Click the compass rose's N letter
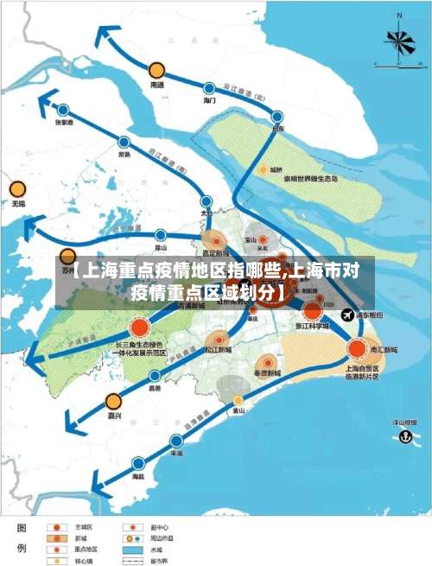click(399, 16)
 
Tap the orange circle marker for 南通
click(156, 70)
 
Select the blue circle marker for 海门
click(209, 87)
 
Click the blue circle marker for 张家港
click(63, 110)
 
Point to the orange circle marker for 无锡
click(17, 189)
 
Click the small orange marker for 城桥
click(263, 170)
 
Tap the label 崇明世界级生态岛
click(312, 180)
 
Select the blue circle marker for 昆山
click(161, 234)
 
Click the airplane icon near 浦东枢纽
click(348, 315)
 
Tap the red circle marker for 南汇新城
click(357, 348)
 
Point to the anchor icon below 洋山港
click(402, 437)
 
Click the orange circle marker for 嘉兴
click(114, 401)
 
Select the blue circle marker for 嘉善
click(155, 376)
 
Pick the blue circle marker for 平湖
click(176, 439)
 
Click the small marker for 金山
click(238, 400)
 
